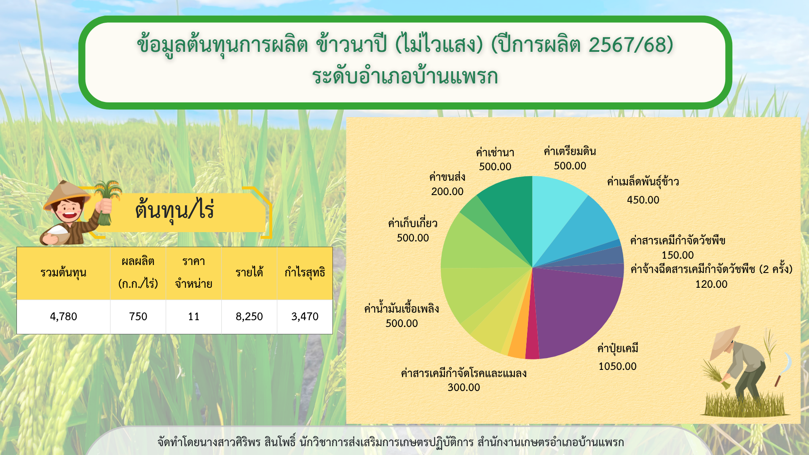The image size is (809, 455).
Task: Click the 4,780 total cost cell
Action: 63,316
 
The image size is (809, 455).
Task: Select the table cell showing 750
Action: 138,316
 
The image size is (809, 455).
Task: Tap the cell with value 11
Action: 193,316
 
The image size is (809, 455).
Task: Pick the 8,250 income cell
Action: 249,316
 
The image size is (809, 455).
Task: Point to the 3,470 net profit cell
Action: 305,316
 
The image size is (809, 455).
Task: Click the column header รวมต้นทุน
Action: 63,273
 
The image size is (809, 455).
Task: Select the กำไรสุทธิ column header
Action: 305,273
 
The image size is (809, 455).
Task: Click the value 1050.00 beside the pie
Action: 617,366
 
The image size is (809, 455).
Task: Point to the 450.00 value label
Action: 643,200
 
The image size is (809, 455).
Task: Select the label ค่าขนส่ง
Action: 447,177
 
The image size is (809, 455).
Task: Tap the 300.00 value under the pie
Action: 463,387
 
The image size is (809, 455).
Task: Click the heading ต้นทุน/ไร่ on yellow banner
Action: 174,209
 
